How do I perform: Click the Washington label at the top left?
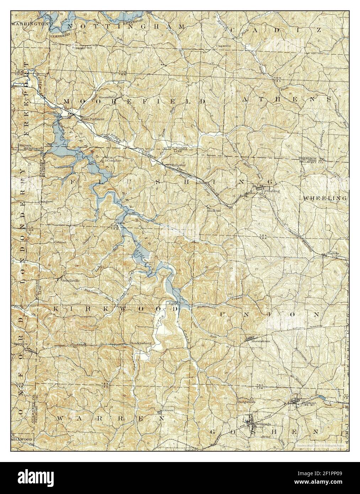coord(29,23)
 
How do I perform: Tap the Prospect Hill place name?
coord(82,48)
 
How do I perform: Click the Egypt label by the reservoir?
coord(172,303)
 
